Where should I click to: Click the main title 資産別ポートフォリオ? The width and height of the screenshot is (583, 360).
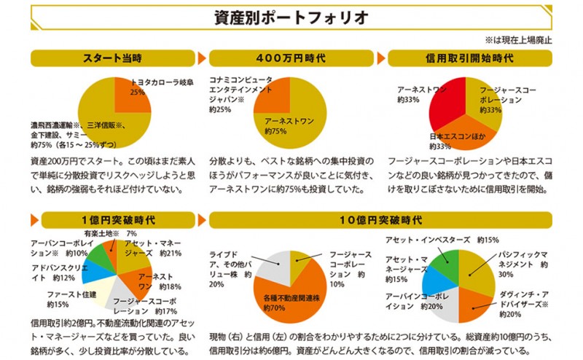[291, 15]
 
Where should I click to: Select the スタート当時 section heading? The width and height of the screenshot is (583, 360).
[111, 58]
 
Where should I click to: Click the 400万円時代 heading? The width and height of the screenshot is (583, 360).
[291, 58]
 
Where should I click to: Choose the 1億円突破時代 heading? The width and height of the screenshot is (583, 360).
[111, 219]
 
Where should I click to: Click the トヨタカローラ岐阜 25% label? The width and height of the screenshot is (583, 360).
[157, 87]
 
